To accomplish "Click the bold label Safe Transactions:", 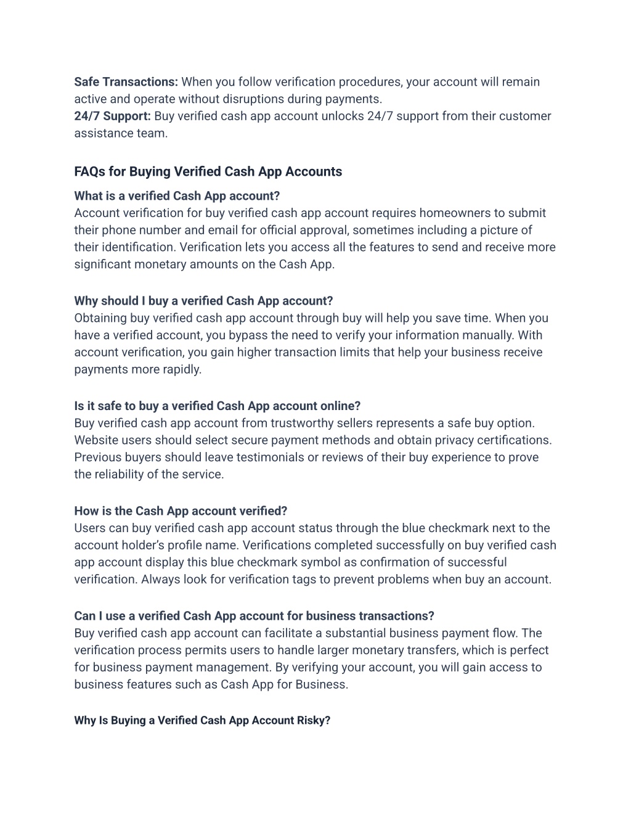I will point(126,82).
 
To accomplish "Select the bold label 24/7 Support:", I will point(112,116).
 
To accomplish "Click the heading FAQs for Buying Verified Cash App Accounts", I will point(208,171).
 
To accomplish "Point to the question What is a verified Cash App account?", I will point(177,196).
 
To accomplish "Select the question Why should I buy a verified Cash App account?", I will point(203,301).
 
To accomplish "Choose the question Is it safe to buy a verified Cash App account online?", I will point(217,406).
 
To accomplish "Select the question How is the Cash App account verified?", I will point(181,511).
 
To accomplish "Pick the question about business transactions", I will point(254,616).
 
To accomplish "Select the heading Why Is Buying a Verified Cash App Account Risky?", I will point(202,720).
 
